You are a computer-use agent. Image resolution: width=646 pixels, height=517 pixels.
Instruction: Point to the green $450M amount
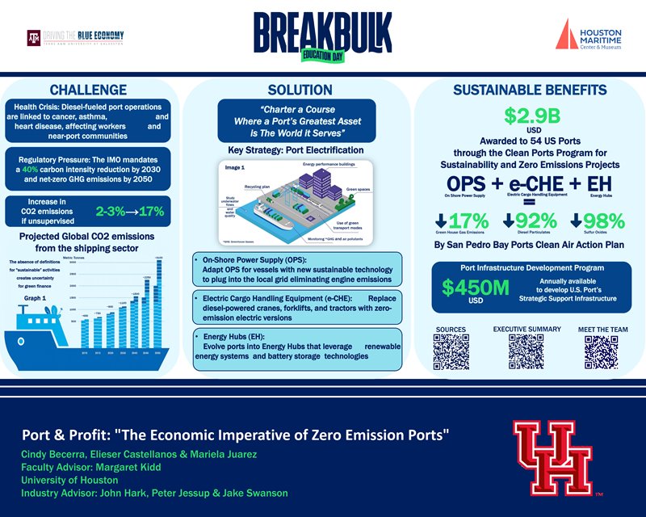pos(475,287)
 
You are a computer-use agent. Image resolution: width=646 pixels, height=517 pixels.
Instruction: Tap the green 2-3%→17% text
pos(130,212)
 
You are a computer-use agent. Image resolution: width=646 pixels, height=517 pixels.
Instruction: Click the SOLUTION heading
pos(300,89)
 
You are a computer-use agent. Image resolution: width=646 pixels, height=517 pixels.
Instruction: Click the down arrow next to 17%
pos(441,220)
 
